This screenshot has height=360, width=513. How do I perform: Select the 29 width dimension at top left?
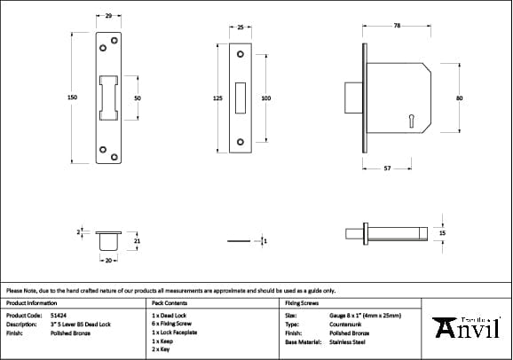pyautogui.click(x=108, y=16)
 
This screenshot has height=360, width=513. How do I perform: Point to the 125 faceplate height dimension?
pyautogui.click(x=217, y=98)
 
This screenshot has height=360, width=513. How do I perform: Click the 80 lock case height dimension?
pyautogui.click(x=459, y=98)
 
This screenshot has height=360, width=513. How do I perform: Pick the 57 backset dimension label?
pyautogui.click(x=387, y=167)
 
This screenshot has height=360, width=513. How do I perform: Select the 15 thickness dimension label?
pyautogui.click(x=442, y=232)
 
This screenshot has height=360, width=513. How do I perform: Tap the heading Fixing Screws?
pyautogui.click(x=302, y=302)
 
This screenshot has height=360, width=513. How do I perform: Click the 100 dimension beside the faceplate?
pyautogui.click(x=265, y=98)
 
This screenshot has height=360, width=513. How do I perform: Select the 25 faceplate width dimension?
pyautogui.click(x=241, y=27)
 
